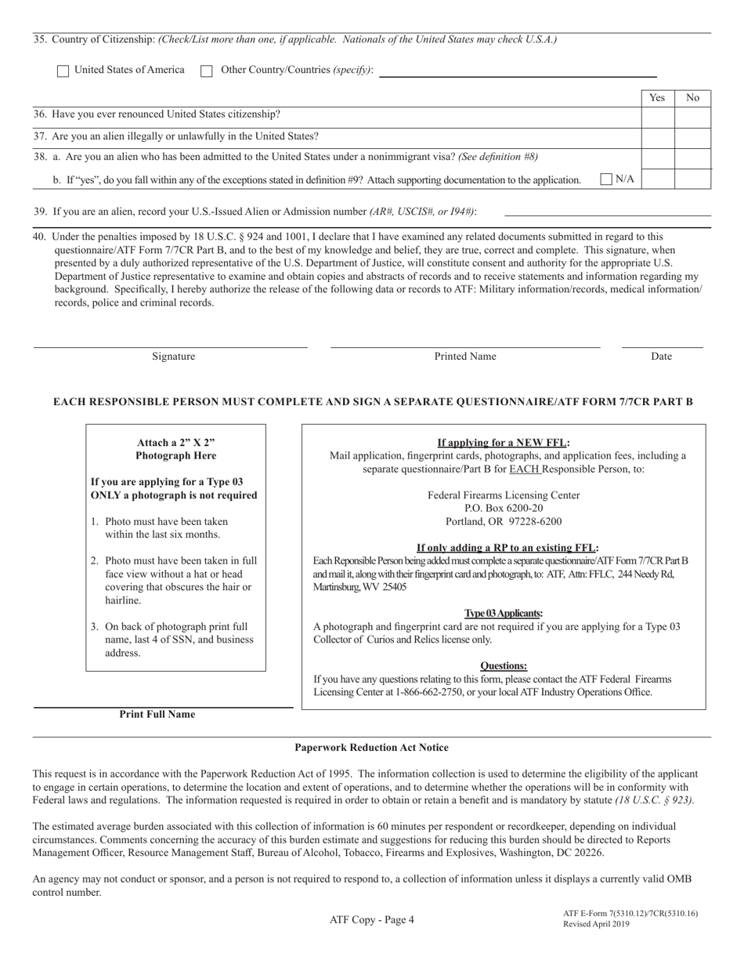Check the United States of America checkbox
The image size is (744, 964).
(x=63, y=71)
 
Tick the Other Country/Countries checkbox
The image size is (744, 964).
(x=207, y=71)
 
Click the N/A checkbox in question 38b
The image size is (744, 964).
(x=606, y=179)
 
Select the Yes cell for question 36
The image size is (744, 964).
(x=658, y=118)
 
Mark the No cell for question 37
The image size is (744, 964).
(x=692, y=138)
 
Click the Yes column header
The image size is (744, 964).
(x=658, y=98)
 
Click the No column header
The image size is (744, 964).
(x=692, y=98)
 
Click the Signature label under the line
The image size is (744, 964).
(x=174, y=357)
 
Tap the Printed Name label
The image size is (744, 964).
(x=465, y=357)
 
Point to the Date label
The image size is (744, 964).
(x=661, y=357)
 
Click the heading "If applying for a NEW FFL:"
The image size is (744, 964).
(x=504, y=442)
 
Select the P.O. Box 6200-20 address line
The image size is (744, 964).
(x=504, y=509)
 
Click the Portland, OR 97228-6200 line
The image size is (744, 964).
(x=504, y=522)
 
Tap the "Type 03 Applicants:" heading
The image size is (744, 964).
(x=504, y=614)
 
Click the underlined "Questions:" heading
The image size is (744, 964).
(x=504, y=666)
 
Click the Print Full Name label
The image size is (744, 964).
(x=157, y=715)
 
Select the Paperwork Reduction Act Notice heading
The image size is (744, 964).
(x=371, y=748)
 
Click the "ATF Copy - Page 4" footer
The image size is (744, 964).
(x=371, y=920)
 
